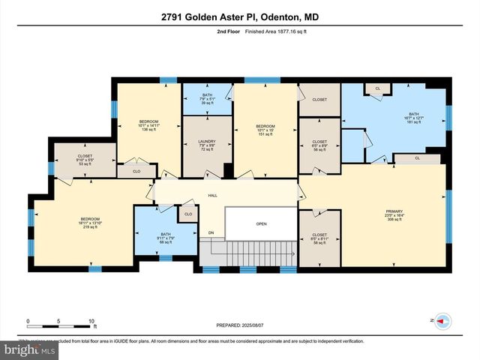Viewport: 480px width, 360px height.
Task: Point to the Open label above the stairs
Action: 261,223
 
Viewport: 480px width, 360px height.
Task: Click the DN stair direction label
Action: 211,233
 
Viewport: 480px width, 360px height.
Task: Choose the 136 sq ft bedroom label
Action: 148,125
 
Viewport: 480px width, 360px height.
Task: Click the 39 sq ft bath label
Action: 207,99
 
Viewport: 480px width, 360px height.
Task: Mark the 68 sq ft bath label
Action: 166,238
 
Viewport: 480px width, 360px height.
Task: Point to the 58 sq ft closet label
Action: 319,238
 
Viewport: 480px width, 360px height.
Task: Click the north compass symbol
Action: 442,320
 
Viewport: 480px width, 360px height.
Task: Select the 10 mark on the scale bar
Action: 91,321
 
